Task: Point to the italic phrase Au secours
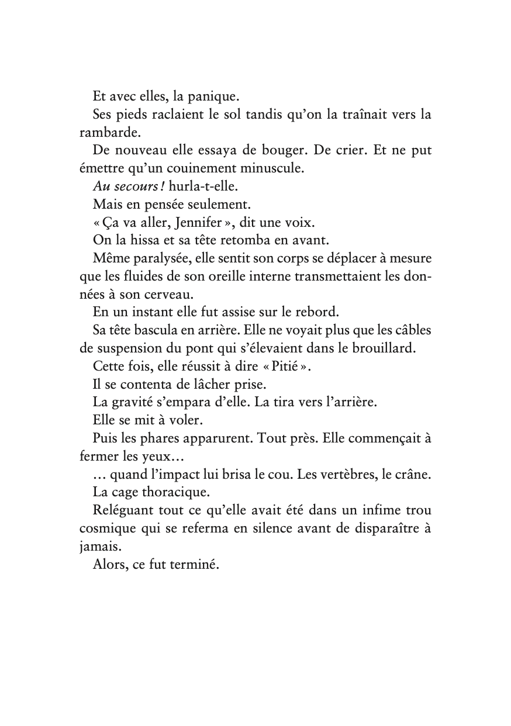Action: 118,186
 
